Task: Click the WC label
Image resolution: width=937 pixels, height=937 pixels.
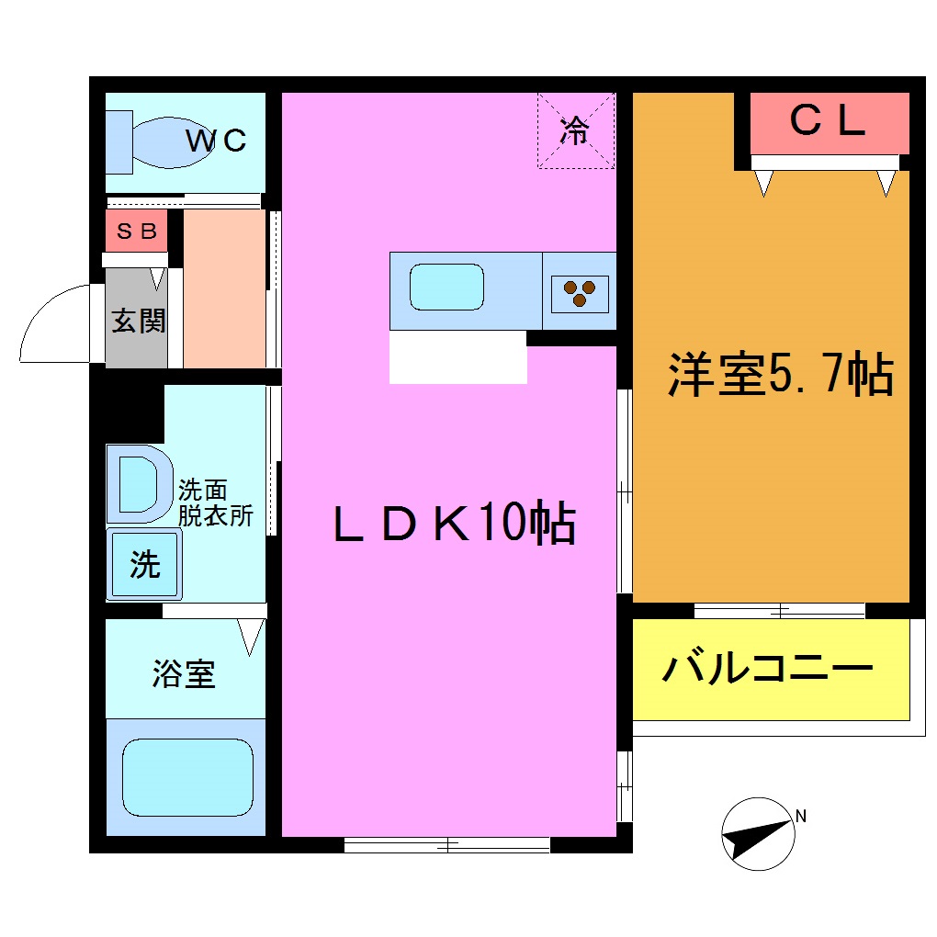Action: coord(217,141)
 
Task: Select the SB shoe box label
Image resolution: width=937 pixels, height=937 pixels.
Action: coord(136,231)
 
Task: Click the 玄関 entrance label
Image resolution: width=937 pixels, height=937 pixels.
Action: coord(138,321)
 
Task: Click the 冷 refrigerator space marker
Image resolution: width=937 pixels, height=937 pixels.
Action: coord(575,130)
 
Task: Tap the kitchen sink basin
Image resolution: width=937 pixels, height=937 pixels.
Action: coord(446,288)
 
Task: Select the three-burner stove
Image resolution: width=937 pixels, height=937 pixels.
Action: coord(580,293)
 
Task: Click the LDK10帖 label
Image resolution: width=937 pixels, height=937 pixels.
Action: coord(454,525)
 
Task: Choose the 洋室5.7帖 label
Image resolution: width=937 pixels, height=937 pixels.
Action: coord(780,374)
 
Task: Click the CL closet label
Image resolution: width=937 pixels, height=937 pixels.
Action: coord(829,121)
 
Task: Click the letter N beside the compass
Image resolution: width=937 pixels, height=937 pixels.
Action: coord(801,815)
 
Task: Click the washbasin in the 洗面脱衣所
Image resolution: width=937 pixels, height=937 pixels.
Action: coord(139,483)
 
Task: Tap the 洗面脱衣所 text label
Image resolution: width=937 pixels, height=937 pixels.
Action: coord(215,502)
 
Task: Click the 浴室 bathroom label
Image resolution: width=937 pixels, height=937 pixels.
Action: coord(184,674)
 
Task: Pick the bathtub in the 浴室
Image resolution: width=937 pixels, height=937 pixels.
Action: coord(187,779)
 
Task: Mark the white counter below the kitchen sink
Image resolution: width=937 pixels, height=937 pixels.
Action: coord(457,357)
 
